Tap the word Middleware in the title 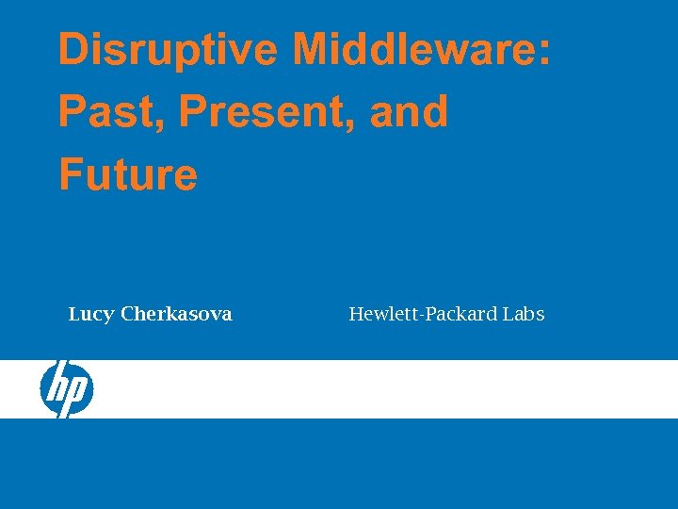pos(414,49)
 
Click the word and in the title pos(409,112)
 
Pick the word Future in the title pos(128,174)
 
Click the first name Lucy pos(91,315)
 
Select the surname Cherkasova pos(176,315)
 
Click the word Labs pos(524,315)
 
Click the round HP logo pos(66,388)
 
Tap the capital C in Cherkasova pos(127,315)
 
